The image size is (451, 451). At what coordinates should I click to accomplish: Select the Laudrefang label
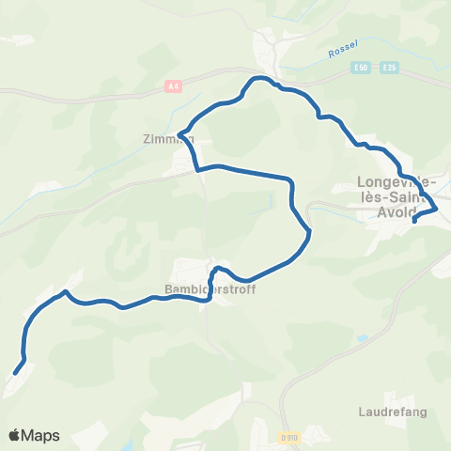coord(385,411)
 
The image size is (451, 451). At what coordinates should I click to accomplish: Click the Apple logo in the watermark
coord(15,435)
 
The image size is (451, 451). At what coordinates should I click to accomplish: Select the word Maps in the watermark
coord(40,436)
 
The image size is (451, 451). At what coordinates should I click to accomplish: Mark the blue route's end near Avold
coord(414,222)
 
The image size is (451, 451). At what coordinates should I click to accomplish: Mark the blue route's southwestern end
coord(16,372)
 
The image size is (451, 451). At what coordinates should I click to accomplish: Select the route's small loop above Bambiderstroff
coord(217,271)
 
